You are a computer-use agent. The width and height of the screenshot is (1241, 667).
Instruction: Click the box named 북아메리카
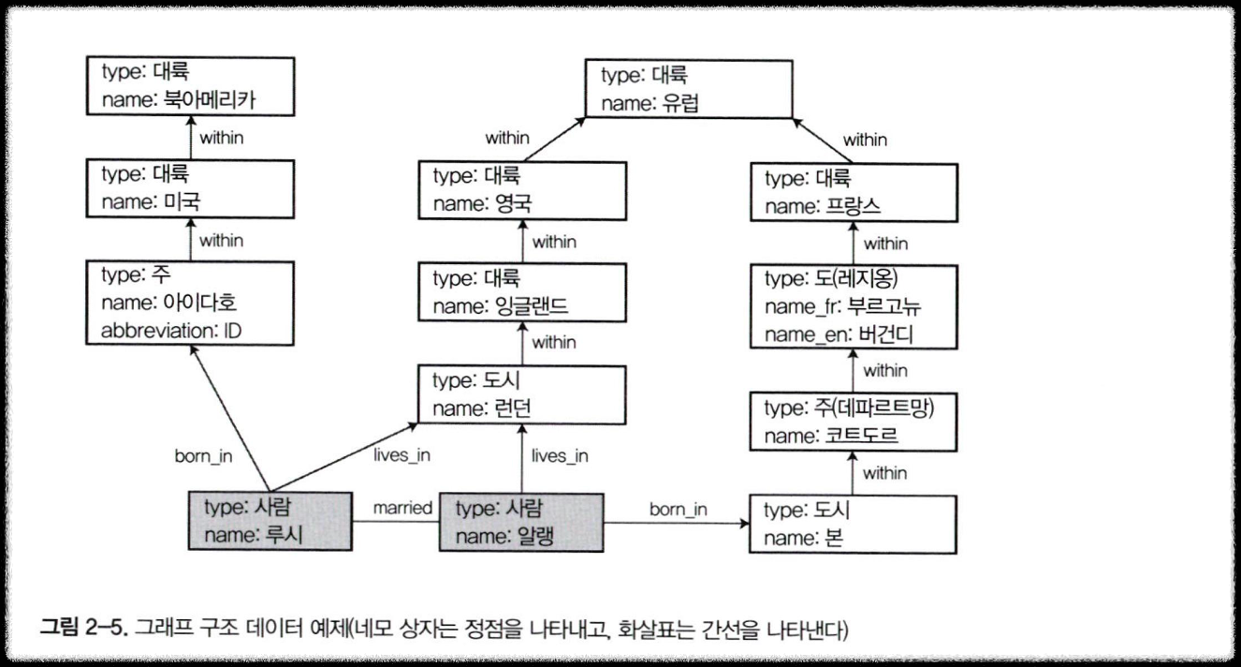[x=190, y=86]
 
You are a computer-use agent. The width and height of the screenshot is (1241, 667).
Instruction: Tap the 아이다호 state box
[x=190, y=304]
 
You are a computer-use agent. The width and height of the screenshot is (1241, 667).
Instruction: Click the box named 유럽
[x=691, y=88]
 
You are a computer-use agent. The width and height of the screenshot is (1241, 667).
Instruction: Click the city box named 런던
[x=520, y=394]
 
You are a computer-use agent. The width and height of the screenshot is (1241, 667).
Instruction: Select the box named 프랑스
[x=854, y=192]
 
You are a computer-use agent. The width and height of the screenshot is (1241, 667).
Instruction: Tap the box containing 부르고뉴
[x=854, y=307]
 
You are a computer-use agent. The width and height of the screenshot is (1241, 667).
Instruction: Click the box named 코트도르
[x=854, y=422]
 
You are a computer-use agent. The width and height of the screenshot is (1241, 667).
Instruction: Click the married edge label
[x=402, y=509]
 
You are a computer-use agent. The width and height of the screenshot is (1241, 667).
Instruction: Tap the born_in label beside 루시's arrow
[x=203, y=457]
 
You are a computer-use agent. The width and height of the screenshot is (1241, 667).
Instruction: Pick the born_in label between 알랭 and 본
[x=679, y=510]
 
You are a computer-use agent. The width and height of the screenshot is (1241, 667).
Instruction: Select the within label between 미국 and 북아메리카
[x=222, y=138]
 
